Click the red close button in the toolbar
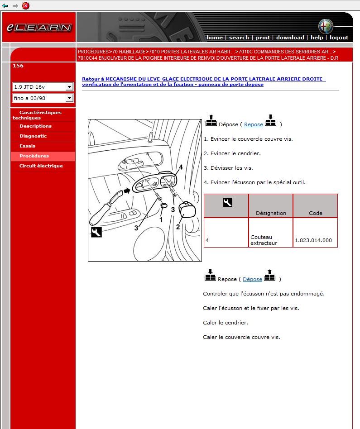tap(26, 5)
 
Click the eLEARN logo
tap(38, 27)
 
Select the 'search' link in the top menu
tap(239, 38)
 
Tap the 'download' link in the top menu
tap(290, 38)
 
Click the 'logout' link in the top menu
tap(339, 38)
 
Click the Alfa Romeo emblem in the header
tap(325, 26)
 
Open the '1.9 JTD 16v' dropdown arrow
tap(69, 86)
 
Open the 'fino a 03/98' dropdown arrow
tap(69, 98)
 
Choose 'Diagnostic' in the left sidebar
tap(33, 136)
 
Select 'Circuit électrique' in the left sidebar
tap(41, 166)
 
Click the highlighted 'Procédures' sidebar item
tap(34, 156)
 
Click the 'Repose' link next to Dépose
tap(254, 124)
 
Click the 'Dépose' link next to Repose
tap(252, 279)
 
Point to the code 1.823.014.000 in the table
tap(313, 240)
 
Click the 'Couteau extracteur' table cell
tap(264, 240)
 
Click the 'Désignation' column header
tap(271, 213)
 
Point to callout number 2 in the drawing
tap(178, 227)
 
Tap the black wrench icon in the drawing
tap(96, 232)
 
